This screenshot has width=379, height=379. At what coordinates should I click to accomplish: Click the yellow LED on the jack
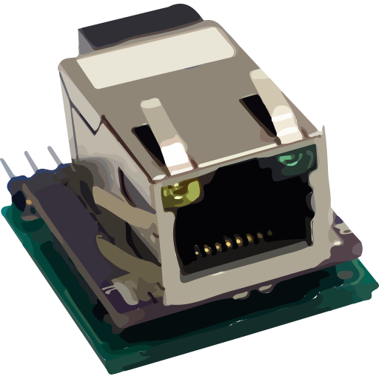181,194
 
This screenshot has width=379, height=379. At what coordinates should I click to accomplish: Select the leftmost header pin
8,169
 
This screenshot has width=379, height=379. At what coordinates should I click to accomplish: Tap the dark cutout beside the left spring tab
144,137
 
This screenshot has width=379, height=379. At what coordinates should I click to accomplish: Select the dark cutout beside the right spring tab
255,111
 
